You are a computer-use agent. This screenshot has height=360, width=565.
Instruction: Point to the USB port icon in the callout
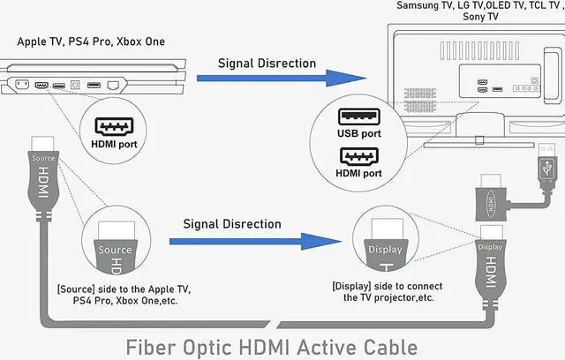(360, 116)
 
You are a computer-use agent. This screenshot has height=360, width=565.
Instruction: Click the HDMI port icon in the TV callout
(360, 157)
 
